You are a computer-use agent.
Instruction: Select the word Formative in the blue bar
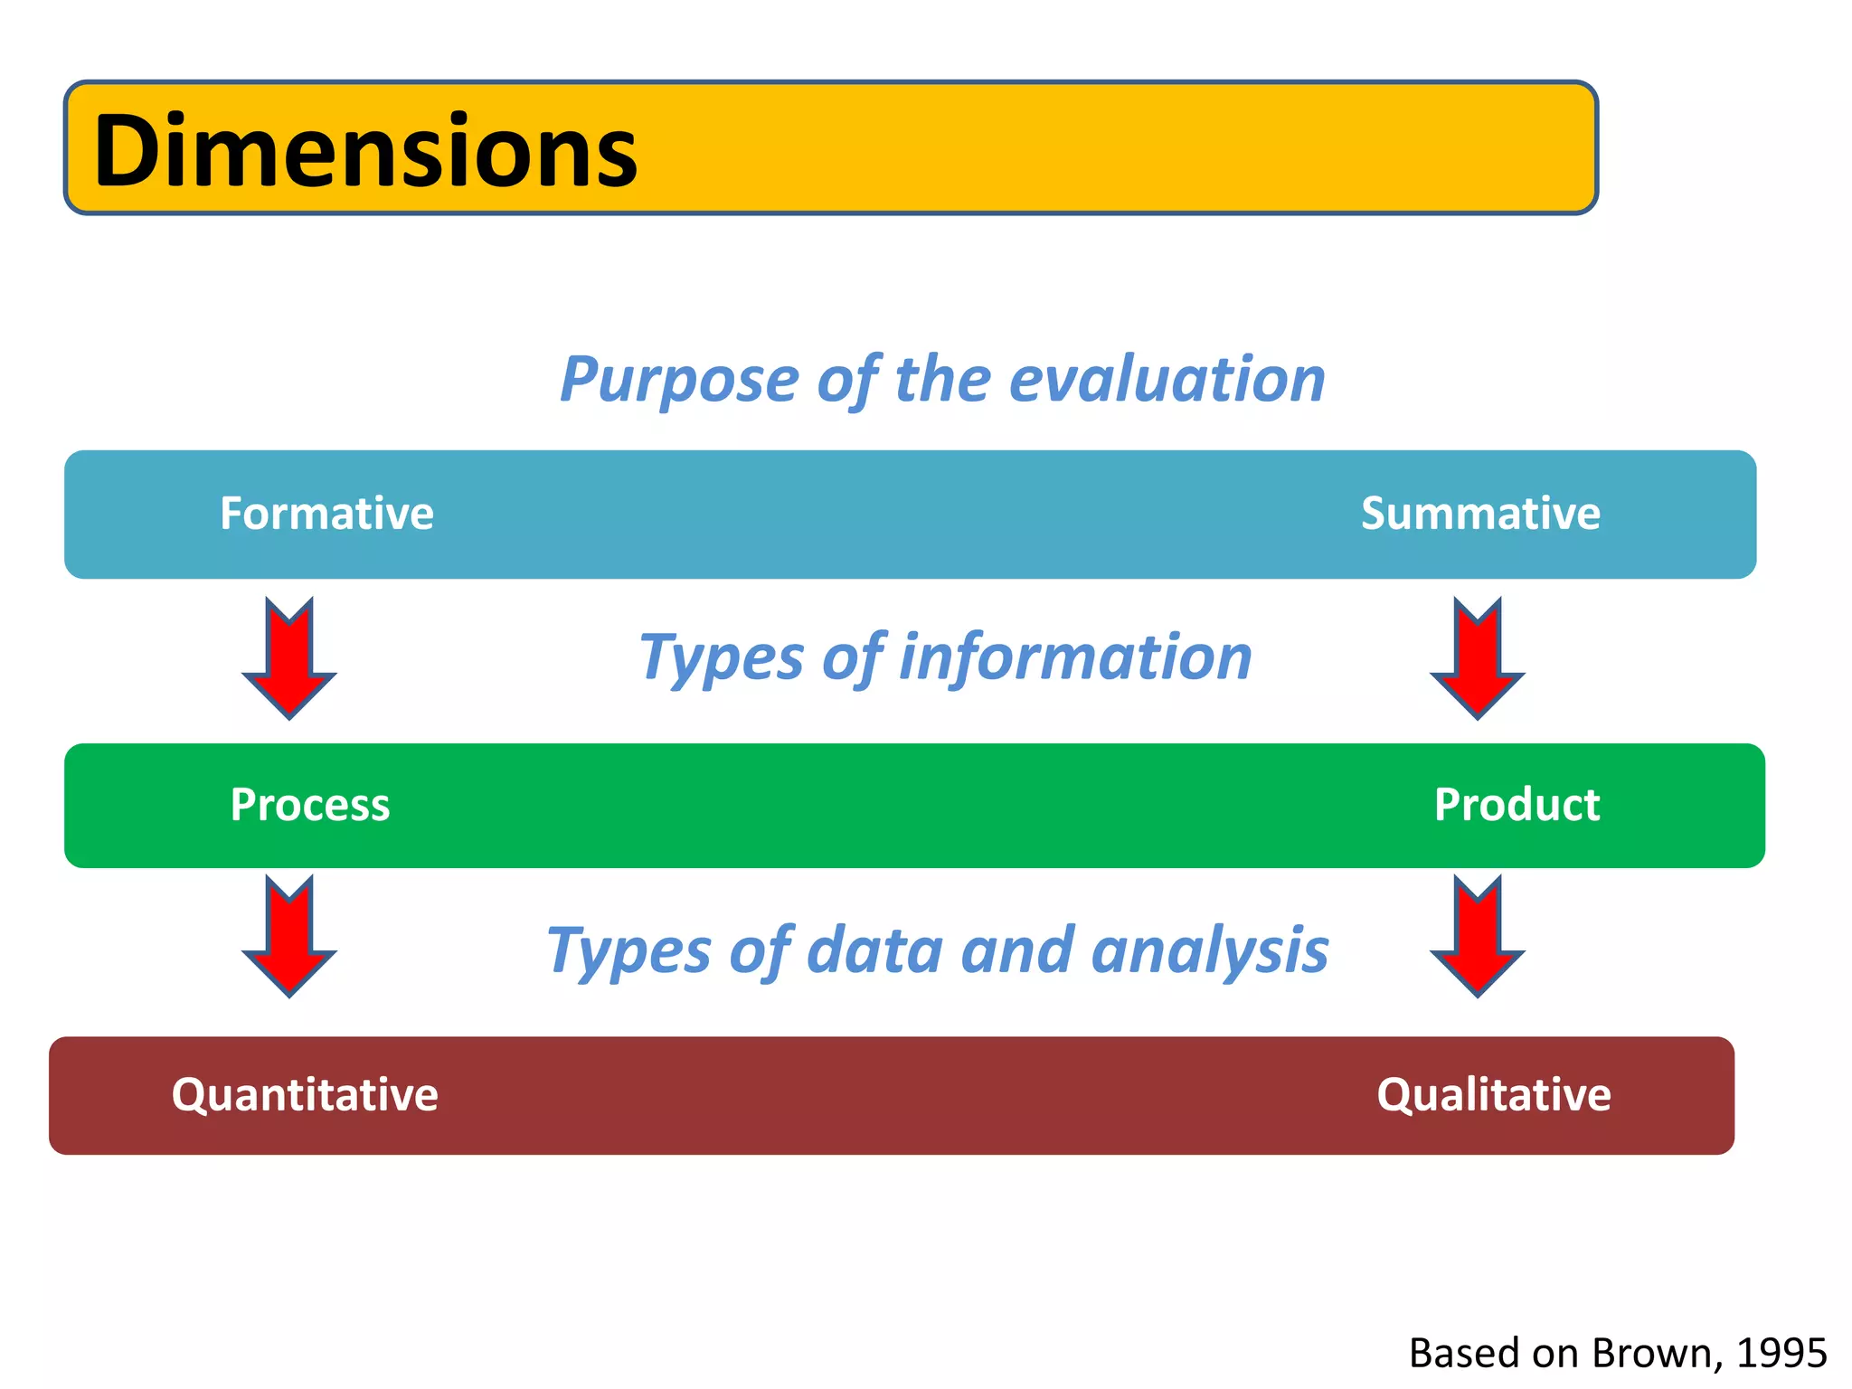click(x=326, y=514)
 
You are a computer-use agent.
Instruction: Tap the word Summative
click(x=1480, y=514)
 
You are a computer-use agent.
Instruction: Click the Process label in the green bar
click(x=310, y=805)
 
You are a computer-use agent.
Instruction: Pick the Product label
click(x=1517, y=805)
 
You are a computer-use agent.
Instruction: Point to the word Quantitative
click(x=305, y=1095)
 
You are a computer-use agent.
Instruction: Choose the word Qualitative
click(x=1493, y=1095)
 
